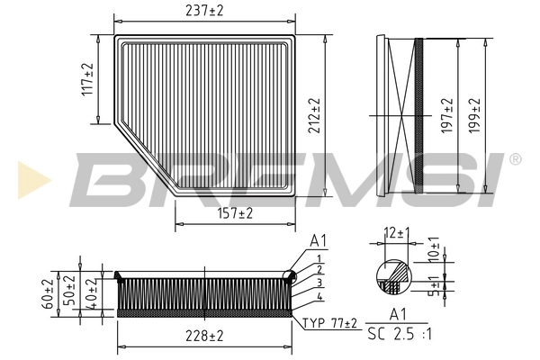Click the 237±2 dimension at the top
click(205, 12)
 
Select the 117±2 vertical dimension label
click(88, 80)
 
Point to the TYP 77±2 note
click(329, 322)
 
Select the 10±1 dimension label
click(435, 249)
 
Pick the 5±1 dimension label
click(435, 286)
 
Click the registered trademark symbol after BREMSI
click(515, 159)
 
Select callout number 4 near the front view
click(319, 296)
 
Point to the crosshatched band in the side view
click(417, 113)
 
